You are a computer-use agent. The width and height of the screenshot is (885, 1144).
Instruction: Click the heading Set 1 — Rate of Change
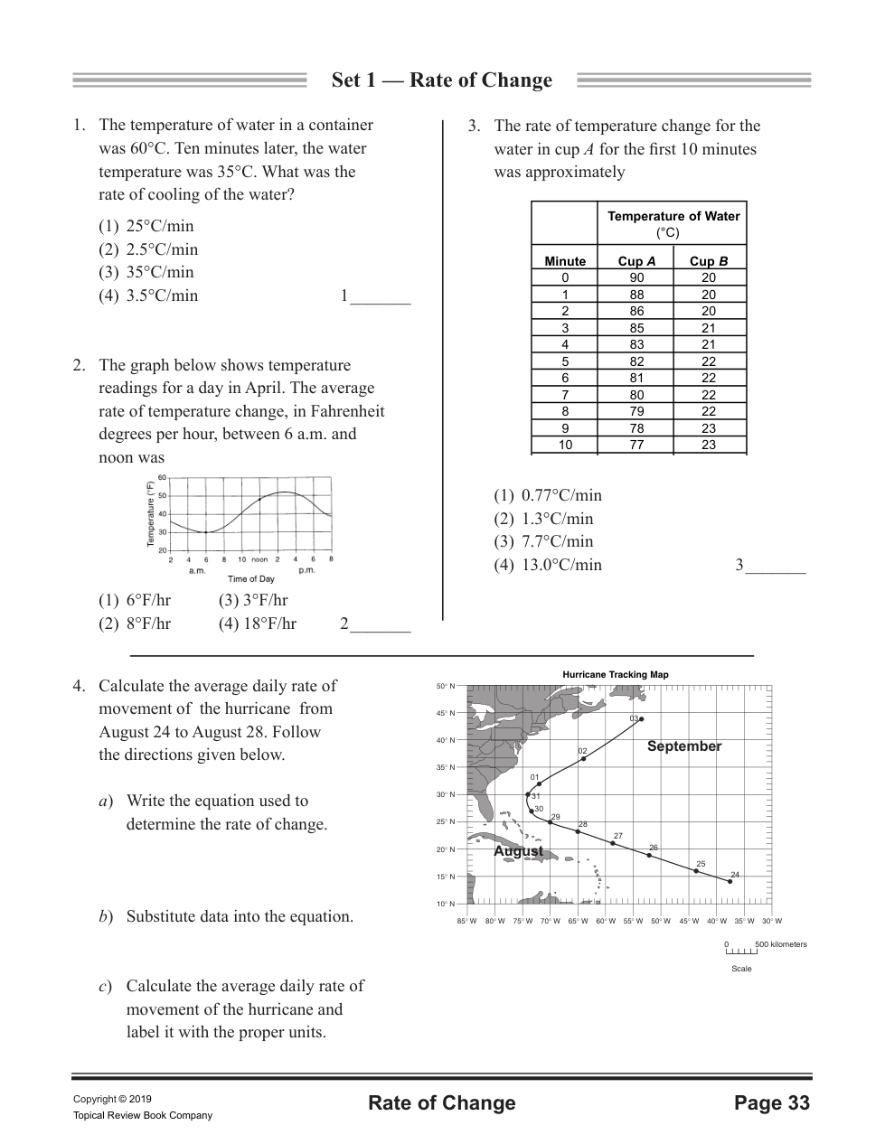(x=441, y=80)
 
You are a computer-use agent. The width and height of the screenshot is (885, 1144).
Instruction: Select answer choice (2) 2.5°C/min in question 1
(x=148, y=249)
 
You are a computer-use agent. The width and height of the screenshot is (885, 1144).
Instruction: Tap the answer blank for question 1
(x=380, y=297)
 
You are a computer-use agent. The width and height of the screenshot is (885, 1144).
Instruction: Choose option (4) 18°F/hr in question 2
(x=257, y=624)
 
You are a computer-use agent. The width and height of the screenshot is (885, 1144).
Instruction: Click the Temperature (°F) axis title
(x=151, y=513)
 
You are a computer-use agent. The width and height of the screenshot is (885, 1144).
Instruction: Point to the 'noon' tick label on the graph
(x=259, y=559)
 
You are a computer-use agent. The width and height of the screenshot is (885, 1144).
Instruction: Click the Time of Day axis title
(x=251, y=578)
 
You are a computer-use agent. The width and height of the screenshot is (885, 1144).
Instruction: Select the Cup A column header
(x=636, y=261)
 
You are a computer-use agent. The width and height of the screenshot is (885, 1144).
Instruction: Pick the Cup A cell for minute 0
(x=636, y=277)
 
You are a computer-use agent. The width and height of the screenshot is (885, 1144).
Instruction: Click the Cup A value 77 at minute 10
(x=636, y=445)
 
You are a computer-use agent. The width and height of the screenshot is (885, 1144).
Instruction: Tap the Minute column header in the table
(x=565, y=261)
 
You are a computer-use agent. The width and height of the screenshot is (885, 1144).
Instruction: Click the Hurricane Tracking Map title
(x=615, y=674)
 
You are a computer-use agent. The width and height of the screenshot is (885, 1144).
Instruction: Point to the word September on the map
(x=684, y=746)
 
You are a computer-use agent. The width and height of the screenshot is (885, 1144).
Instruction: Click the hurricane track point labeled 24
(x=730, y=881)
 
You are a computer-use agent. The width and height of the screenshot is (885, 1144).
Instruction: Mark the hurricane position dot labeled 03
(x=641, y=719)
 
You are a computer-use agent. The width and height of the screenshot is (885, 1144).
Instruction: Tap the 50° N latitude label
(x=446, y=686)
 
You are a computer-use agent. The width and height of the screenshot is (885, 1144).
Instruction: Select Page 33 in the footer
(x=772, y=1103)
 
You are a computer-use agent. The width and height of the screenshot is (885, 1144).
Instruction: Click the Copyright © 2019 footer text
(x=112, y=1099)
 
